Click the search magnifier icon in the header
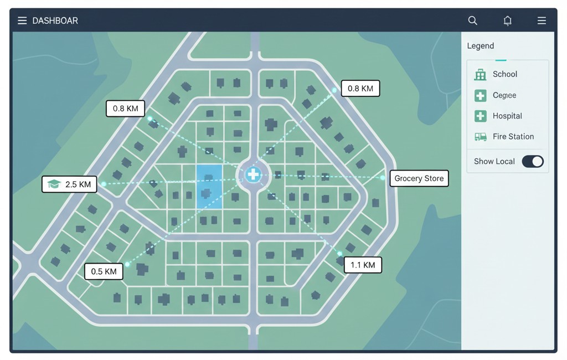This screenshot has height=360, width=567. pyautogui.click(x=472, y=20)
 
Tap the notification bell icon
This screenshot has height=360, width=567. pyautogui.click(x=507, y=20)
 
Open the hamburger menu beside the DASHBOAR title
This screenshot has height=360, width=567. pyautogui.click(x=22, y=20)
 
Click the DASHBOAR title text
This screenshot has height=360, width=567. pyautogui.click(x=55, y=20)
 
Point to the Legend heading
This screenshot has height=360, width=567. pyautogui.click(x=481, y=46)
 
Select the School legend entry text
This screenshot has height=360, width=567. pyautogui.click(x=505, y=74)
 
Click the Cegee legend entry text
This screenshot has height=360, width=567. pyautogui.click(x=504, y=95)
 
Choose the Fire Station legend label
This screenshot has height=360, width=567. pyautogui.click(x=513, y=136)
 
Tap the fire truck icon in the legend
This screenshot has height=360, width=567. pyautogui.click(x=480, y=137)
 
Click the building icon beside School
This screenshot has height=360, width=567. pyautogui.click(x=480, y=75)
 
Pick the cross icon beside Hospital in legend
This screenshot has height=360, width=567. pyautogui.click(x=480, y=116)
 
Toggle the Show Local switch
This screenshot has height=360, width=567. pyautogui.click(x=533, y=161)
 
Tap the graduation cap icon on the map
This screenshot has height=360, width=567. pyautogui.click(x=54, y=184)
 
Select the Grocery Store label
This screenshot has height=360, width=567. pyautogui.click(x=419, y=178)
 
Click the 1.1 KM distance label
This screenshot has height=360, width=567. pyautogui.click(x=363, y=265)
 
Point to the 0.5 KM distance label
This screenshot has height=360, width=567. pyautogui.click(x=104, y=271)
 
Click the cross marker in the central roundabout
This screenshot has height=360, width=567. pyautogui.click(x=253, y=174)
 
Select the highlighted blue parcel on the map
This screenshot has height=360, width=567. pyautogui.click(x=209, y=186)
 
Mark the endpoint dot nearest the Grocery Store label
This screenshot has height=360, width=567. pyautogui.click(x=383, y=178)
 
